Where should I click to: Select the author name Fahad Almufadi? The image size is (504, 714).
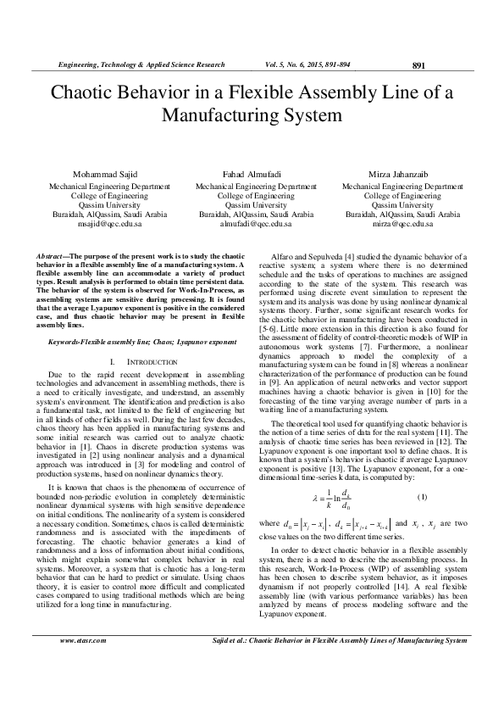252,172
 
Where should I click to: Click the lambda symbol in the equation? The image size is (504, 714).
315,497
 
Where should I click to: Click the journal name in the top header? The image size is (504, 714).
141,64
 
